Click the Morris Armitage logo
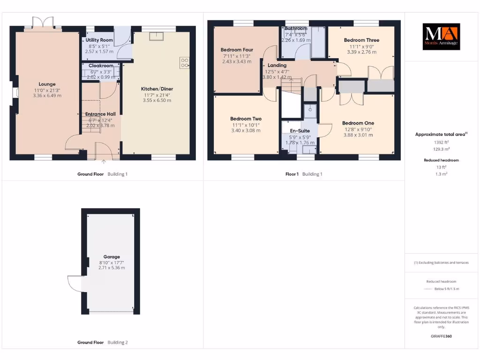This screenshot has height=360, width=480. tap(442, 37)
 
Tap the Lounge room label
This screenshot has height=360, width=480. tap(47, 84)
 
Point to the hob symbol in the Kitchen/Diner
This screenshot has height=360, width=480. tap(184, 63)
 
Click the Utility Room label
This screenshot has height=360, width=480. tap(99, 41)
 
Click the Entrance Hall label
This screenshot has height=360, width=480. tap(100, 114)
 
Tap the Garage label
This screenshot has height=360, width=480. tap(112, 257)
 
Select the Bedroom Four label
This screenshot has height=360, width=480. tap(237, 50)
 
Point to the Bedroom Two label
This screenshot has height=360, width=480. tap(246, 119)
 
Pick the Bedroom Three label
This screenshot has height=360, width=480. tap(361, 40)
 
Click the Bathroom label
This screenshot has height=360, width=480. tap(295, 29)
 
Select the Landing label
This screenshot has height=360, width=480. tap(277, 66)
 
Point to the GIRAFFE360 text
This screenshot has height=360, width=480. tap(441, 336)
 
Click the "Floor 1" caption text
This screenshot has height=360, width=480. tap(292, 174)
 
